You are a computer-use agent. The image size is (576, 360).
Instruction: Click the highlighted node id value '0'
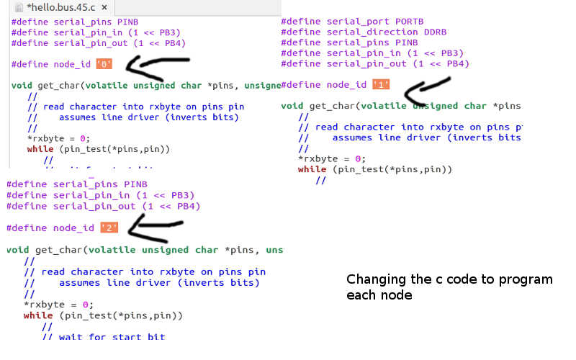105,65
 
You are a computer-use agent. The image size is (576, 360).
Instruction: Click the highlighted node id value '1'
381,85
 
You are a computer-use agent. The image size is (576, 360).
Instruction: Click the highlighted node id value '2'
109,228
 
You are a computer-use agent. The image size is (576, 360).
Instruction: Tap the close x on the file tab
104,8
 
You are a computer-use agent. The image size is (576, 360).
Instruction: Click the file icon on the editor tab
19,8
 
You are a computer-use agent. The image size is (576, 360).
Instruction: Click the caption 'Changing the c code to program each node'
449,287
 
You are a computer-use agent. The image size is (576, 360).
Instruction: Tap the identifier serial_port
356,22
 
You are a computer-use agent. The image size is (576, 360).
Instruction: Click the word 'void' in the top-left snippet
22,86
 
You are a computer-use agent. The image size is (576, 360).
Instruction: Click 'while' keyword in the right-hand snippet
312,169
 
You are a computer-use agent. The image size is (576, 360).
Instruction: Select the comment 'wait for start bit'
112,336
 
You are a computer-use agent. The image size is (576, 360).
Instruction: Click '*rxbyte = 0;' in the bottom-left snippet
58,304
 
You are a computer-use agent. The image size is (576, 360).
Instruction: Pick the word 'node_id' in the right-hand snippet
346,85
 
